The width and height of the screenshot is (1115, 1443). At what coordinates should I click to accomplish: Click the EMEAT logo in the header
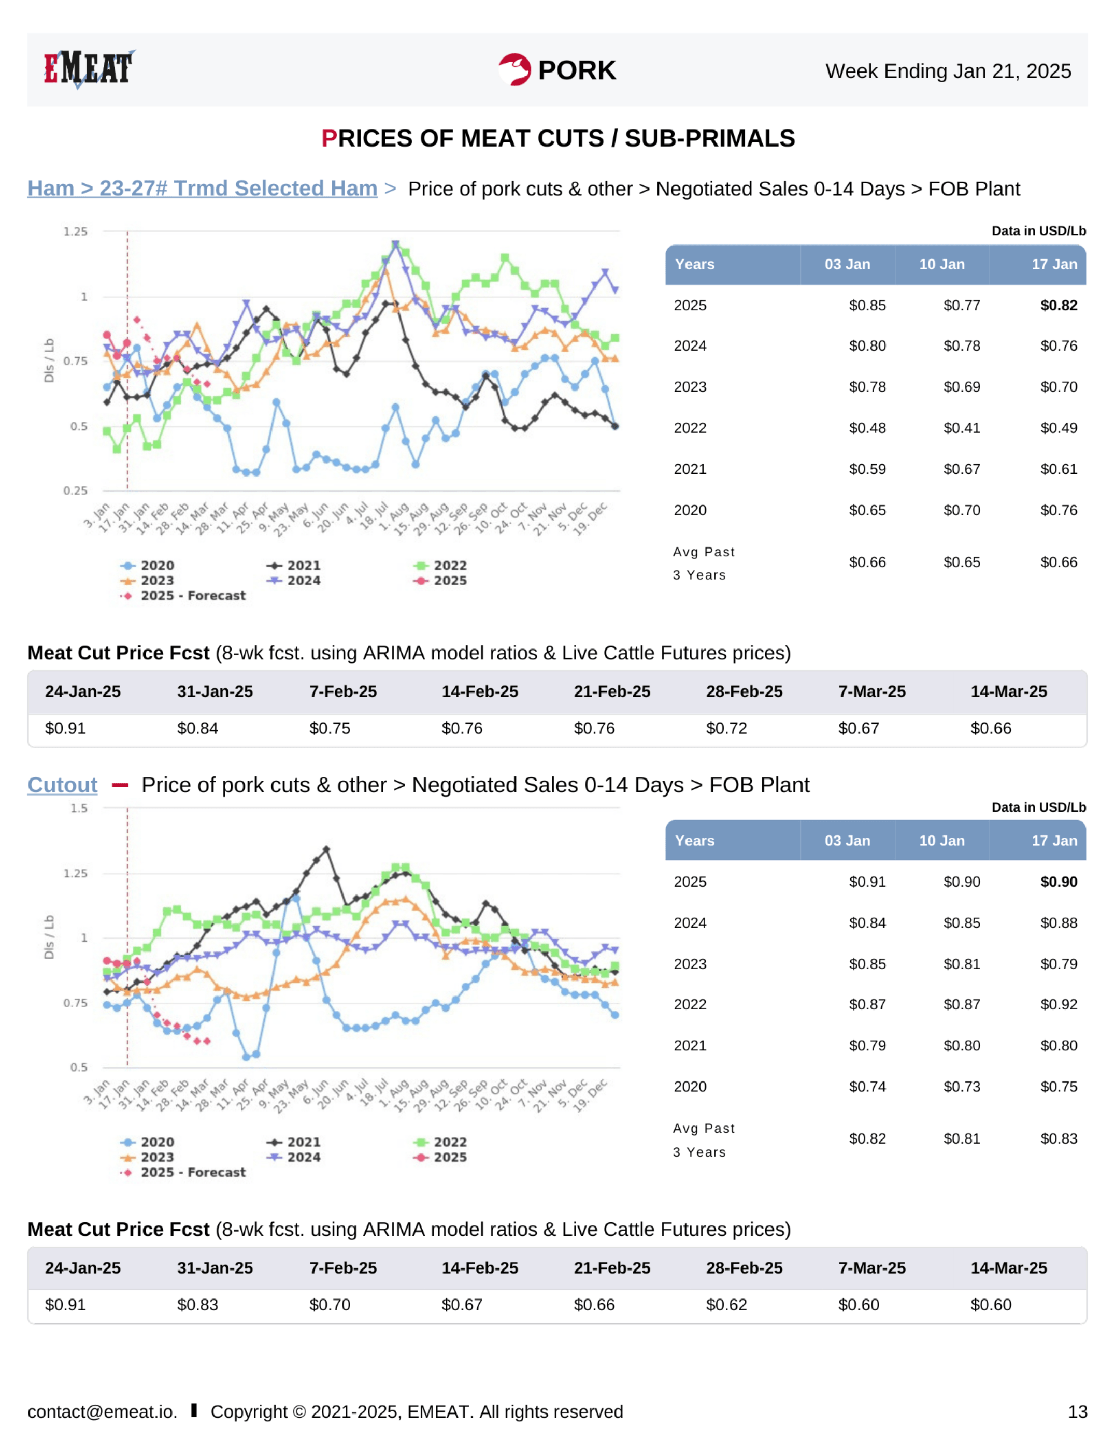[89, 69]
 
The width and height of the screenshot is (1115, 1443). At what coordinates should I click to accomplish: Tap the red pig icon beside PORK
[514, 69]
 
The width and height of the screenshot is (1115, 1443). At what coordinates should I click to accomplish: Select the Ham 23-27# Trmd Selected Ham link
[202, 189]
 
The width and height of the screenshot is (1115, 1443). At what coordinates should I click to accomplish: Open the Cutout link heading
[62, 785]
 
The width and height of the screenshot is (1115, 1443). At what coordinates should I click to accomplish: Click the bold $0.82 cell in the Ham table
[1058, 305]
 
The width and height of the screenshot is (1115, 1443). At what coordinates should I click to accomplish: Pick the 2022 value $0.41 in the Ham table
[961, 428]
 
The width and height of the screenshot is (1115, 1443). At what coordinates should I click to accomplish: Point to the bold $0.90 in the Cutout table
[1058, 882]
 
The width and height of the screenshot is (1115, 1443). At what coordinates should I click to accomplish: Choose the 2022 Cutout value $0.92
[1058, 1004]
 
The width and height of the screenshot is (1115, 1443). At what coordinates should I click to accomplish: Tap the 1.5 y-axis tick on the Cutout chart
[79, 808]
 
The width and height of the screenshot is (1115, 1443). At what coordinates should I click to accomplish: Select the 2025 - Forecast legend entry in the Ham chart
[192, 596]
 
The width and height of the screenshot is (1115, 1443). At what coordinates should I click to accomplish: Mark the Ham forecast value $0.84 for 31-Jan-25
[197, 728]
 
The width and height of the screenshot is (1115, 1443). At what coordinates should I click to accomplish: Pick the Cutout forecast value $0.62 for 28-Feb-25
[726, 1305]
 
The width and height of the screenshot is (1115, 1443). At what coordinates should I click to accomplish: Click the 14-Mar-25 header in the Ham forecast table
[1008, 692]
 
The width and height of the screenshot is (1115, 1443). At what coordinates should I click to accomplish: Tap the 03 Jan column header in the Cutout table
[847, 841]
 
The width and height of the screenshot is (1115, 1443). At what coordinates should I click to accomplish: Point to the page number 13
[1077, 1412]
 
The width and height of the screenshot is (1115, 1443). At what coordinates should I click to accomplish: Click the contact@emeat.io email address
[102, 1412]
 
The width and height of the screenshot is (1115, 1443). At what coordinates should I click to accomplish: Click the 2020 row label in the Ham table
[689, 510]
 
